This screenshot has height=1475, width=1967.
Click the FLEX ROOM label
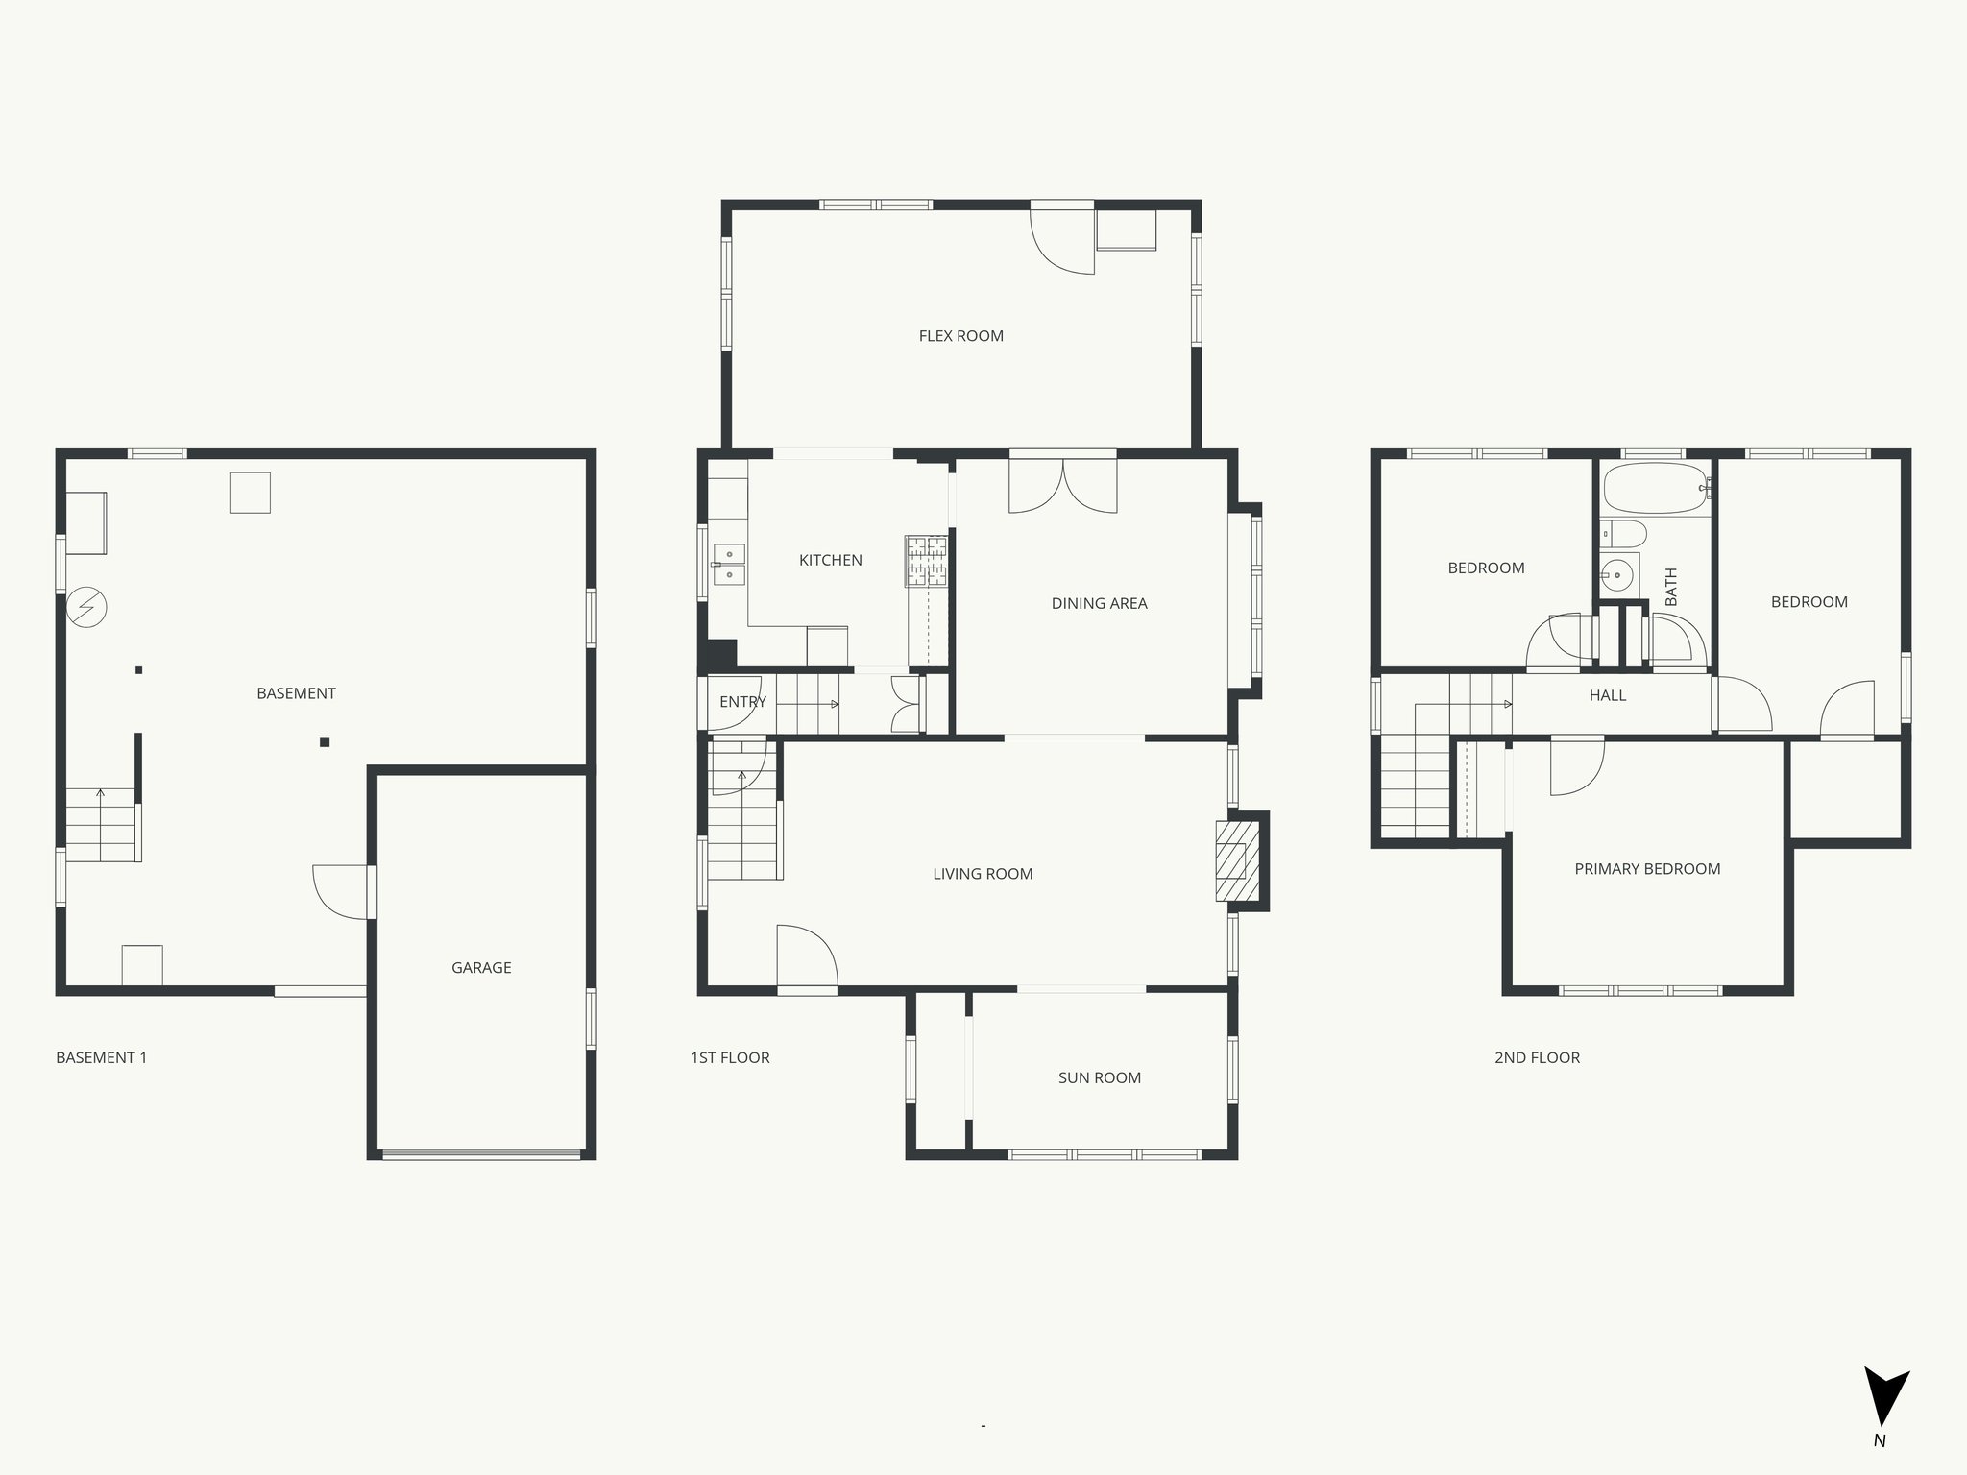click(x=960, y=336)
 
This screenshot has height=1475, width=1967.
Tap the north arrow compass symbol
click(x=1885, y=1406)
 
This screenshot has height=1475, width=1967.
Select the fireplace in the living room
click(x=1237, y=860)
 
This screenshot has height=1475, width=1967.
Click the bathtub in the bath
click(x=1655, y=489)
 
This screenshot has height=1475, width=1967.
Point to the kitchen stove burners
click(x=926, y=561)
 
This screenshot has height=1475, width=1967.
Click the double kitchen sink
click(x=729, y=565)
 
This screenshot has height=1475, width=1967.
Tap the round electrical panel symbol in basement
click(x=86, y=607)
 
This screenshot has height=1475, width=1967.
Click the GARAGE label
click(x=481, y=968)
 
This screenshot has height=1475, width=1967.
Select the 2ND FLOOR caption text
click(x=1537, y=1057)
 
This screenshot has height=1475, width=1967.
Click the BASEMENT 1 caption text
click(x=102, y=1057)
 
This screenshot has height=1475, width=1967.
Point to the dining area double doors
click(x=1062, y=485)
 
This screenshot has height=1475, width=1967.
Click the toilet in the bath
click(x=1622, y=534)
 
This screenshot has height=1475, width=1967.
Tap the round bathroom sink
click(x=1618, y=577)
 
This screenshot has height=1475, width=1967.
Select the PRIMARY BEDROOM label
click(x=1647, y=869)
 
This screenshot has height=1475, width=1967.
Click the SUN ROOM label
click(x=1099, y=1077)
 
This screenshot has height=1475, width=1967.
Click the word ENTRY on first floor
click(x=742, y=702)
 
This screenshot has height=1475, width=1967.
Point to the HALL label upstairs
click(x=1607, y=695)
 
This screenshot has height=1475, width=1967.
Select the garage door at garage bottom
click(x=481, y=1153)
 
